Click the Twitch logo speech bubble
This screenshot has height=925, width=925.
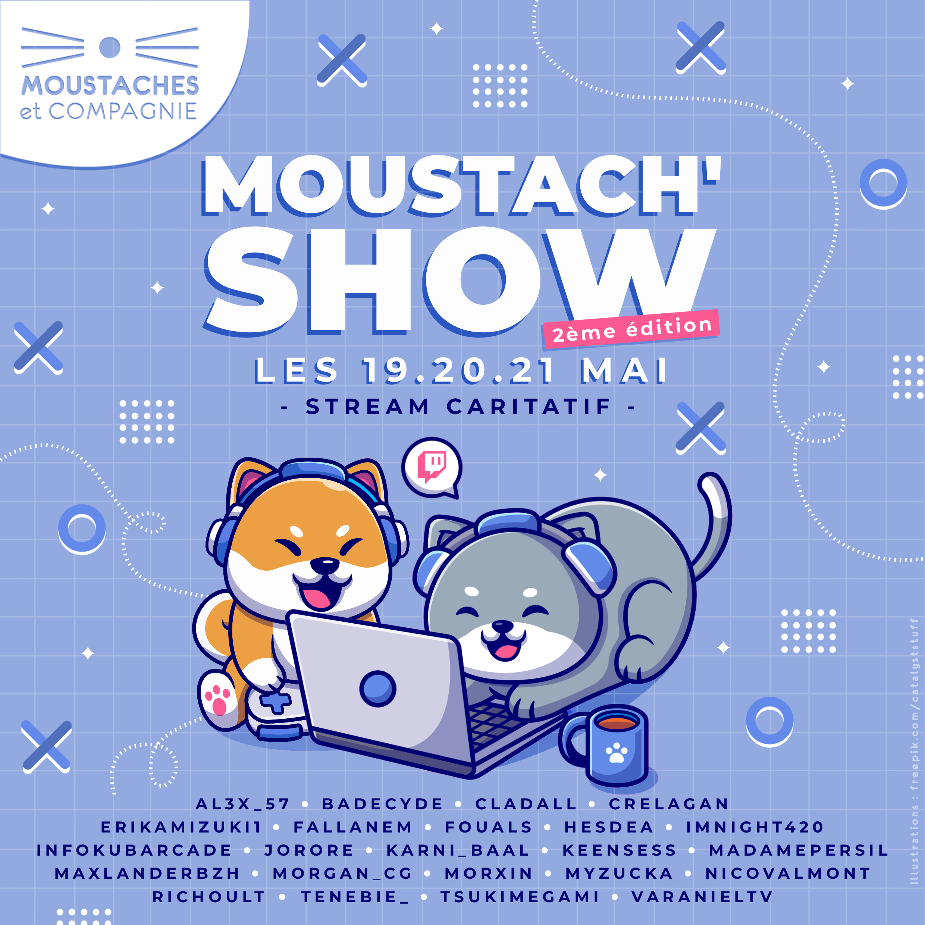pos(432,467)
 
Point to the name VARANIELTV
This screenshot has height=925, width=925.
pos(702,897)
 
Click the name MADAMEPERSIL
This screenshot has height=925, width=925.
pos(798,850)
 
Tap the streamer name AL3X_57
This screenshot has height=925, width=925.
pos(243,805)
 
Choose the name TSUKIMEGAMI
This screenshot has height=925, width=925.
pos(520,897)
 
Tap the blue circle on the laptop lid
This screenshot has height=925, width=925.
pos(378,689)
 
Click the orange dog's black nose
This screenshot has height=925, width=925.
pos(324,565)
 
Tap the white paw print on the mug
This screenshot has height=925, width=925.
pos(617,753)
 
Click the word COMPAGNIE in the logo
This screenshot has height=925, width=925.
pos(123,111)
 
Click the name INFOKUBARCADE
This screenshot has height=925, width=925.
pos(134,850)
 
